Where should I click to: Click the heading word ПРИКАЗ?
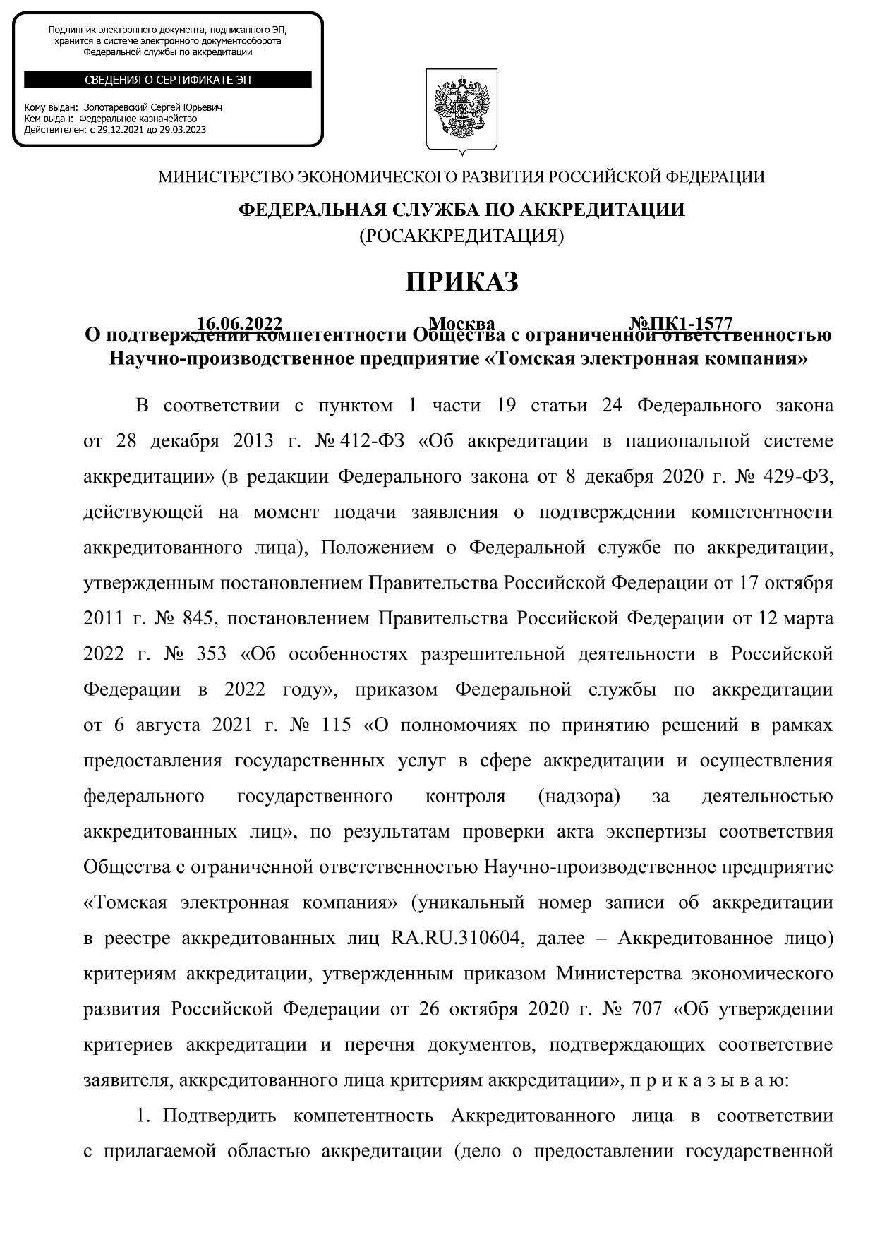(461, 282)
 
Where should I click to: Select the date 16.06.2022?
(239, 323)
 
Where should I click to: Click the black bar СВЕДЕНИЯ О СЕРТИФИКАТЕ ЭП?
(168, 80)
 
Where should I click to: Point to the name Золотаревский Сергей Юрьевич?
(152, 107)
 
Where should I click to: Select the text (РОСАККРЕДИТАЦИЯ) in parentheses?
(461, 236)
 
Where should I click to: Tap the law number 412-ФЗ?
(372, 442)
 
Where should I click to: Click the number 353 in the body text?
(209, 654)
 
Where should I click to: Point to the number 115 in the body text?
(334, 725)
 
